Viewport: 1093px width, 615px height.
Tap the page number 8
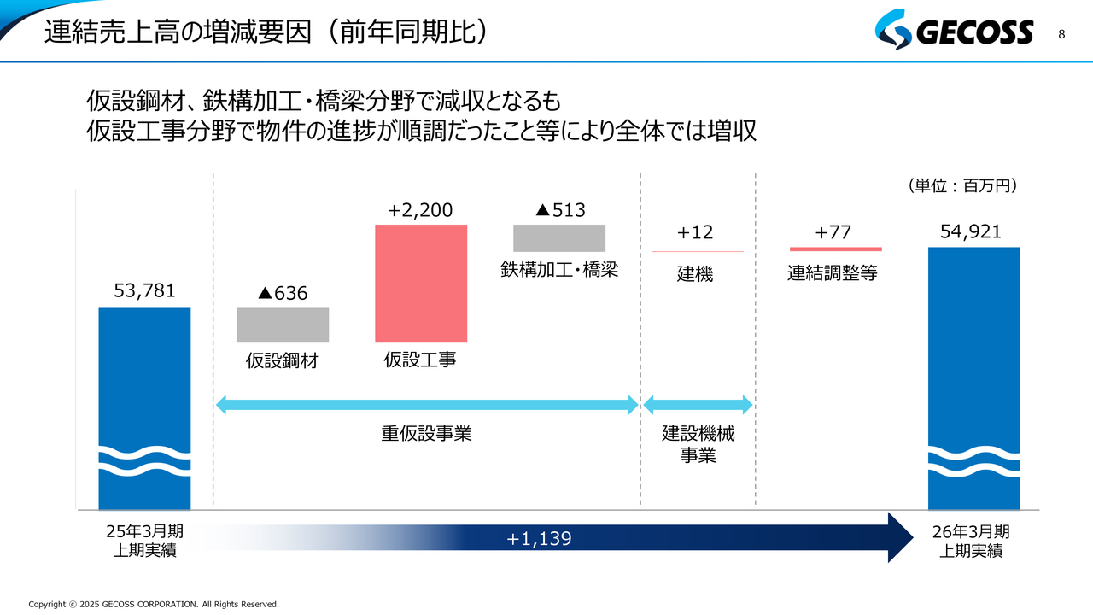point(1061,34)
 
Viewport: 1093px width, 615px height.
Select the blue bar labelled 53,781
point(144,384)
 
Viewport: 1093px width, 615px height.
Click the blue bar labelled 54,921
point(973,359)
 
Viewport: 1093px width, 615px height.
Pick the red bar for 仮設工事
point(421,283)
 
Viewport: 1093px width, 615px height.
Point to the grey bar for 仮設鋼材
point(283,325)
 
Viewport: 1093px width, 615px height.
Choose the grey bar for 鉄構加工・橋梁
point(559,237)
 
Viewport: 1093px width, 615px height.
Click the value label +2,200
point(420,209)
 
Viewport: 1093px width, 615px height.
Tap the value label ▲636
point(283,293)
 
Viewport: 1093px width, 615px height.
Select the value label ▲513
point(559,209)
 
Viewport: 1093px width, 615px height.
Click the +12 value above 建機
point(694,232)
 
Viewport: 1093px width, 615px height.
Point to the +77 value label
point(833,232)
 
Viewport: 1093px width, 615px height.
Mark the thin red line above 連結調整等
point(835,249)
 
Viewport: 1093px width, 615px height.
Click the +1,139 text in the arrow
point(539,538)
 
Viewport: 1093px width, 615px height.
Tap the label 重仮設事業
point(426,434)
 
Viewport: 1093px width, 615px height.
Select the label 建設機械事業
point(698,444)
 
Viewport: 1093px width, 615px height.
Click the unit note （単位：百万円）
point(963,185)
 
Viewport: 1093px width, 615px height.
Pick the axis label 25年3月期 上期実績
point(144,541)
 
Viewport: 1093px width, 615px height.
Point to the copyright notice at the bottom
point(154,604)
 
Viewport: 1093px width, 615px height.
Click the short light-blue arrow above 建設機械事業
point(698,405)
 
